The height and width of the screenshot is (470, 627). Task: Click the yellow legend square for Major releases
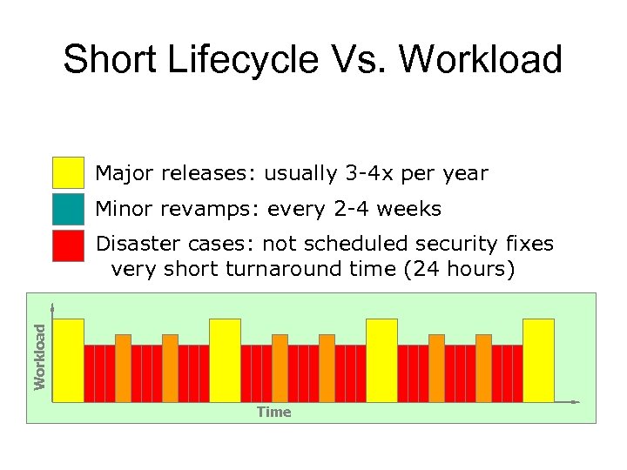click(x=68, y=173)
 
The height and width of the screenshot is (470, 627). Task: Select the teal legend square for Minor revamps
click(x=68, y=209)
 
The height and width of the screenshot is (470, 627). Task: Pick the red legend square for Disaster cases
click(x=68, y=246)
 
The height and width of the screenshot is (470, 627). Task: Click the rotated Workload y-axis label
click(x=39, y=356)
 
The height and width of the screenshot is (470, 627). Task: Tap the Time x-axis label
click(x=273, y=412)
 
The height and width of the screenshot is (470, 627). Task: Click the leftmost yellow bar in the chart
click(x=69, y=360)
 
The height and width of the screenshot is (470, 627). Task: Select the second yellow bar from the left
click(x=225, y=360)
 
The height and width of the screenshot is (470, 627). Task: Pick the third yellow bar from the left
click(x=381, y=360)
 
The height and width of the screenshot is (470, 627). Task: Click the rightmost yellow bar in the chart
click(x=538, y=360)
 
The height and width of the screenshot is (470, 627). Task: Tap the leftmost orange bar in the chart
click(x=123, y=367)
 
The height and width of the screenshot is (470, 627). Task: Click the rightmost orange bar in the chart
click(x=483, y=367)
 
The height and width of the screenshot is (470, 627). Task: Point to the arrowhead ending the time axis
click(x=576, y=402)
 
